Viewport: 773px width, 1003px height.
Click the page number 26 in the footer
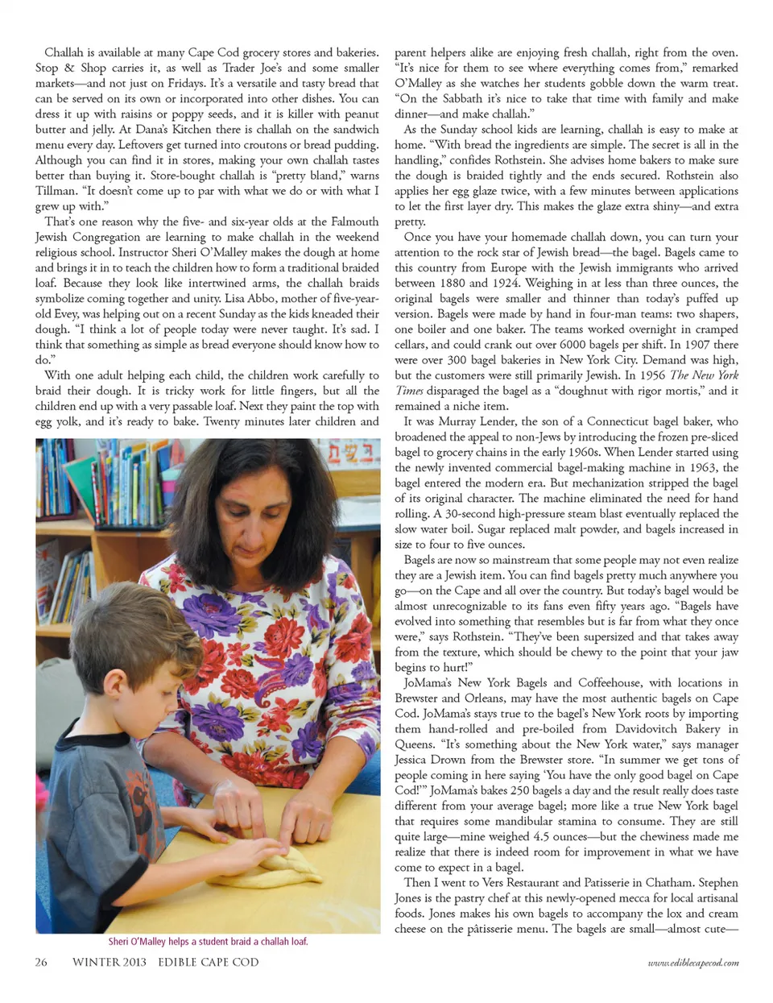pyautogui.click(x=41, y=962)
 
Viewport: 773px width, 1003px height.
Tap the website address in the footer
pyautogui.click(x=693, y=963)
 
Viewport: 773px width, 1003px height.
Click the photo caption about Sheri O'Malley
pyautogui.click(x=208, y=941)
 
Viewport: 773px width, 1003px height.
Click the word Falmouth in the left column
pyautogui.click(x=355, y=222)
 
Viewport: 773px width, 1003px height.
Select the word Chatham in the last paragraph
pyautogui.click(x=669, y=882)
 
